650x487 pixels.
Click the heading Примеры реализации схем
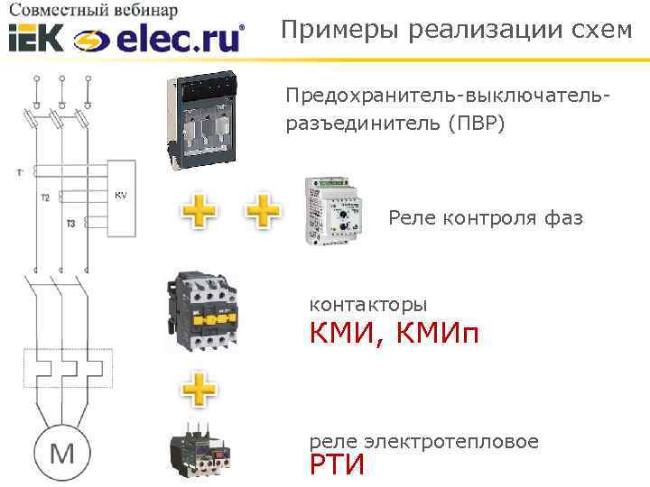(456, 29)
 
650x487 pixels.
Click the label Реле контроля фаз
(486, 217)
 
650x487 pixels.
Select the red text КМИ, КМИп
(394, 335)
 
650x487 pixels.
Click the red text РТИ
(337, 465)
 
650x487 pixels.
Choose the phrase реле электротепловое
(423, 442)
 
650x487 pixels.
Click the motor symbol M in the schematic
(61, 453)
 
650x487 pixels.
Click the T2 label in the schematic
(45, 196)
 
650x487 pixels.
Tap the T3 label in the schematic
(70, 223)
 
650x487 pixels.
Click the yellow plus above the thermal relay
(200, 391)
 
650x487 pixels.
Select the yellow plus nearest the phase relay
(263, 213)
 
